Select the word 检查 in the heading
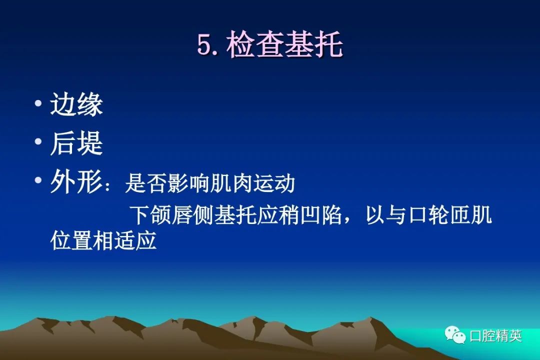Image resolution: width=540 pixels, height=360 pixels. (255, 44)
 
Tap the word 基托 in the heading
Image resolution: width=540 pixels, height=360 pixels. (313, 44)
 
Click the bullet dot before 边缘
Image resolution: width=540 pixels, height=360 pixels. (38, 103)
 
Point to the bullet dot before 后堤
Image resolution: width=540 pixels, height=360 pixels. (38, 141)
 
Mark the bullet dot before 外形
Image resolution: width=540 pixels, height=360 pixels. (38, 179)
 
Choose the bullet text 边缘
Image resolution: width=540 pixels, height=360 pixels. (76, 104)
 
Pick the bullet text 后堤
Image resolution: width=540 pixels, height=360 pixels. (76, 143)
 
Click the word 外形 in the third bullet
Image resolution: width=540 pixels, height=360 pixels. (76, 181)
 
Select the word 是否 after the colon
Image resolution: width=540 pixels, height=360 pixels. (146, 183)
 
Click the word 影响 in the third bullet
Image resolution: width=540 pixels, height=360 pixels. (188, 183)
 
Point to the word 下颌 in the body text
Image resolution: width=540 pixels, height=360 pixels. (150, 215)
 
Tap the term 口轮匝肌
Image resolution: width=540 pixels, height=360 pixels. (449, 215)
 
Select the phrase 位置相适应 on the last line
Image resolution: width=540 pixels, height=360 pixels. (103, 240)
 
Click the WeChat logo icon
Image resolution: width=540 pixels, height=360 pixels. (455, 334)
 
